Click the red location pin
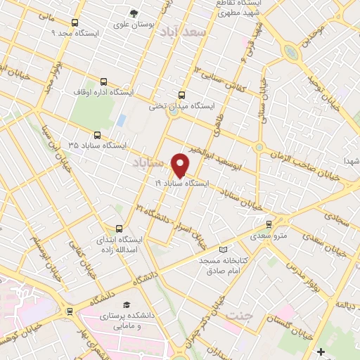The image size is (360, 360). [181, 165]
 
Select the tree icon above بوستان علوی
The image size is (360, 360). [134, 13]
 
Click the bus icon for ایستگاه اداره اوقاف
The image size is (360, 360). [104, 82]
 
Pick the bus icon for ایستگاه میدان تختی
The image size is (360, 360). [182, 96]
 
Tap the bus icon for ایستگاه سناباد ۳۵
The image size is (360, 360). [97, 135]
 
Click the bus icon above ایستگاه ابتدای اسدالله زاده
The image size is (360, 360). [119, 229]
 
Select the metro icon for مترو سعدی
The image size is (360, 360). [269, 224]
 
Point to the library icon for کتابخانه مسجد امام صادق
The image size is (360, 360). [224, 250]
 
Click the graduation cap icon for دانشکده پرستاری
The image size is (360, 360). [127, 304]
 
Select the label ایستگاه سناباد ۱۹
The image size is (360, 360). [182, 183]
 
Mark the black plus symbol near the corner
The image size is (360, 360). [321, 351]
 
